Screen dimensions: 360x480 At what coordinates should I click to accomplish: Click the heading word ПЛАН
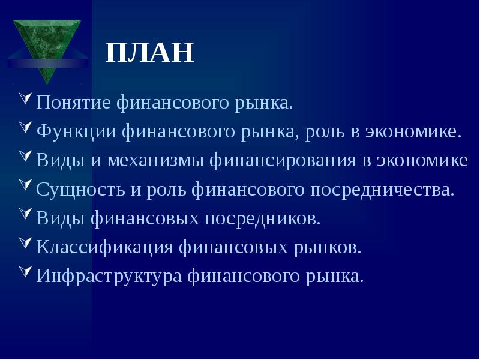149,53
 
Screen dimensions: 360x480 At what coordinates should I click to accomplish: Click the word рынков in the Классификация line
329,247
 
